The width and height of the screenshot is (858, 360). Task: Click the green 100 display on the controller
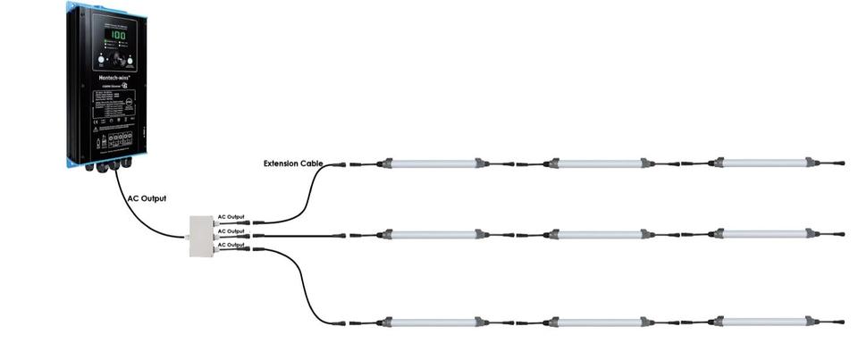tap(117, 36)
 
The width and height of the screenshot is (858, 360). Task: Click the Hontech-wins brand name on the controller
tap(114, 78)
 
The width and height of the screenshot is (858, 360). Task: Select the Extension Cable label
tap(292, 163)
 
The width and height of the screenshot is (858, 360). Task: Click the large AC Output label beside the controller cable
tap(147, 198)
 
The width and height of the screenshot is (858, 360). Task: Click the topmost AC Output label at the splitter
tap(231, 217)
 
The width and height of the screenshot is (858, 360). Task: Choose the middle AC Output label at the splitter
tap(231, 231)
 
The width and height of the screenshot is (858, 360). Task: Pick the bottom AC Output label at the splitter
tap(231, 245)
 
